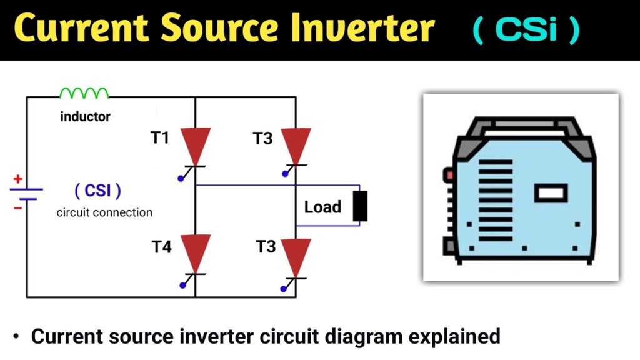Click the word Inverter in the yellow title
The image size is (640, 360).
pos(369,29)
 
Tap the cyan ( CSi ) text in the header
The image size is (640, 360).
pos(526,30)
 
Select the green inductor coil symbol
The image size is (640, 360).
pos(84,93)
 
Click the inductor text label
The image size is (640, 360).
pos(85,116)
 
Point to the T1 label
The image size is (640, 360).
pos(161,137)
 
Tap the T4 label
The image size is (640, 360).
pos(161,247)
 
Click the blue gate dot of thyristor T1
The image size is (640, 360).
pos(181,179)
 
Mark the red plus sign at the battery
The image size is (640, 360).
pos(18,179)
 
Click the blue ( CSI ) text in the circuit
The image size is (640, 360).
pos(98,189)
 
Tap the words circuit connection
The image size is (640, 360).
pos(104,212)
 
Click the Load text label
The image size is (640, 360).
pos(322,207)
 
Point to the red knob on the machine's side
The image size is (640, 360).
pos(449,176)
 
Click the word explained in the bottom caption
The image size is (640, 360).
pos(454,336)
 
